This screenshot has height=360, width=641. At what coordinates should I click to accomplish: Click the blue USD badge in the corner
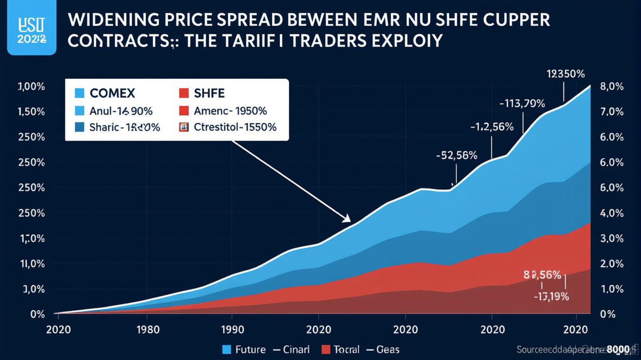click(28, 28)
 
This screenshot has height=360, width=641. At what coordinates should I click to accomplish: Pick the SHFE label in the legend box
click(209, 93)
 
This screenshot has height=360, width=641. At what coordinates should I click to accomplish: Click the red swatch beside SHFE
click(184, 93)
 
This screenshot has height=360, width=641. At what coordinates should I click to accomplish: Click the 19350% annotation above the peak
click(566, 74)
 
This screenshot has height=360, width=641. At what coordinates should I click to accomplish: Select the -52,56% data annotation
click(456, 156)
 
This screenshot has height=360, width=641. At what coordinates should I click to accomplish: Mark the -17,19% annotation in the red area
click(551, 296)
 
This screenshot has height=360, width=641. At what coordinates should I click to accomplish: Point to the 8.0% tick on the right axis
click(611, 87)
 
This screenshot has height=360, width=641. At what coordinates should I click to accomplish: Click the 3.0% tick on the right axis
click(611, 239)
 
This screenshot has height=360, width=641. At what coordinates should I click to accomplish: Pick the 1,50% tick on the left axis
click(31, 112)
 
